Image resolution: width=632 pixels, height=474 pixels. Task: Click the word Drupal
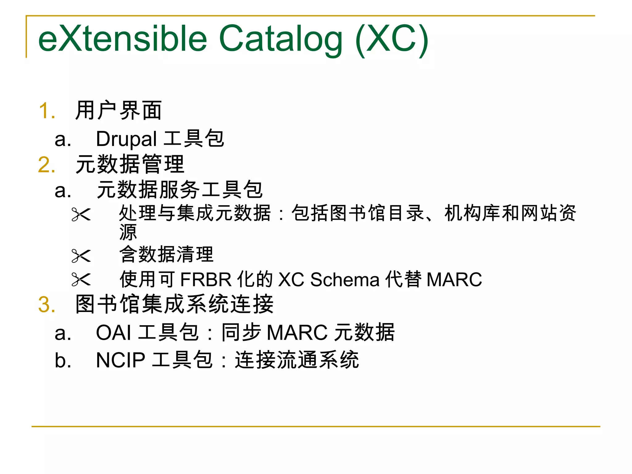(126, 139)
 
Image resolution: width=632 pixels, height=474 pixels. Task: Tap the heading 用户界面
(119, 110)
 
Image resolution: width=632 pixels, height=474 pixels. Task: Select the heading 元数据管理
(130, 164)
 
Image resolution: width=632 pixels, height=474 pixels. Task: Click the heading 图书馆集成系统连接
(174, 304)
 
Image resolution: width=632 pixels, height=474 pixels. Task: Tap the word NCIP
(120, 360)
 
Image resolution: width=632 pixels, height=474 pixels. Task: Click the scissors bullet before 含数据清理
(81, 256)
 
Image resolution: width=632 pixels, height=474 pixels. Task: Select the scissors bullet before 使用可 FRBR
(81, 280)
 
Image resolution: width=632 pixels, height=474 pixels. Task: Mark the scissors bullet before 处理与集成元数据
(81, 214)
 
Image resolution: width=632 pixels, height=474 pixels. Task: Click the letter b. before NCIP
(63, 360)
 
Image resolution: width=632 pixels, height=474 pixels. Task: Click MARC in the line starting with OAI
(297, 333)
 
